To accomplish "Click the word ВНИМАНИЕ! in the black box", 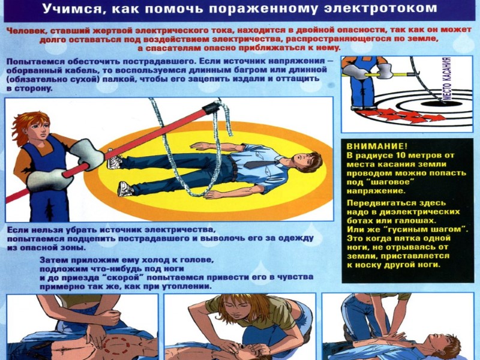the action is pos(377,146).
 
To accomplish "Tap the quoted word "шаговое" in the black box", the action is pos(389,182).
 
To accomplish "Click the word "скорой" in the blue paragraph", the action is pos(122,277).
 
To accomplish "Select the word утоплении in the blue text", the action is pos(187,287).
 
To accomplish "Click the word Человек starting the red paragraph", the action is pos(26,31).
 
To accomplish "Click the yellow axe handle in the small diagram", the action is pos(379,74).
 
